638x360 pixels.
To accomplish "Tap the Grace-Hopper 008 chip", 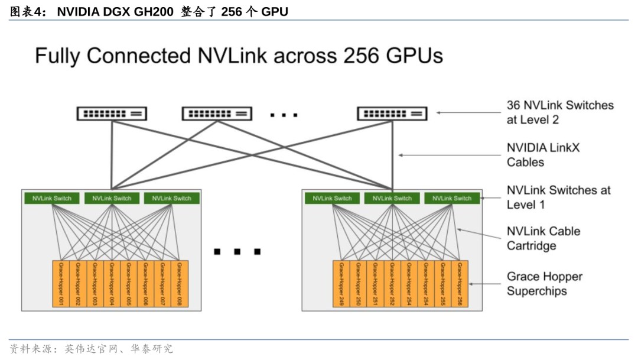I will pyautogui.click(x=180, y=284).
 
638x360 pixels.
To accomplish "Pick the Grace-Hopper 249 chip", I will pyautogui.click(x=341, y=284).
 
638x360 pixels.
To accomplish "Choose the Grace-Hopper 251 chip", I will pyautogui.click(x=375, y=284).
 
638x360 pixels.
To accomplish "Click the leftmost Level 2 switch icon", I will pyautogui.click(x=112, y=113).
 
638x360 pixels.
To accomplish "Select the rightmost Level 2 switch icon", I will pyautogui.click(x=392, y=113).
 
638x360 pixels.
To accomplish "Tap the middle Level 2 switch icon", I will pyautogui.click(x=217, y=113).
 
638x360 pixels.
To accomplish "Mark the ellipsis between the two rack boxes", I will pyautogui.click(x=237, y=251).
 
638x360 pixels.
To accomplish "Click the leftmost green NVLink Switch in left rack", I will pyautogui.click(x=52, y=198).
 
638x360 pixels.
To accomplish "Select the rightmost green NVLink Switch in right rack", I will pyautogui.click(x=452, y=198).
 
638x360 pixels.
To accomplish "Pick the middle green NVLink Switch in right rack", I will pyautogui.click(x=392, y=198).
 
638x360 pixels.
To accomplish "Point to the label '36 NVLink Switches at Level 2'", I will pyautogui.click(x=559, y=112).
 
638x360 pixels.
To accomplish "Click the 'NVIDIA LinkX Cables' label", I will pyautogui.click(x=543, y=155).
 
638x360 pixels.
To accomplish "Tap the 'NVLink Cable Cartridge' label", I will pyautogui.click(x=543, y=238).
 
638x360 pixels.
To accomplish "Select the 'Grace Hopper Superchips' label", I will pyautogui.click(x=544, y=284).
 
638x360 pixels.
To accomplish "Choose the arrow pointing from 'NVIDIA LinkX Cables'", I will pyautogui.click(x=449, y=155).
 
